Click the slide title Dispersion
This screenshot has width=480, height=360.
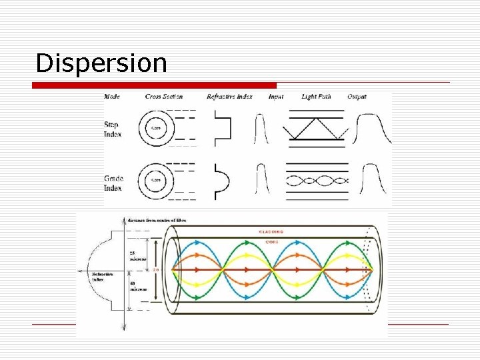pyautogui.click(x=101, y=63)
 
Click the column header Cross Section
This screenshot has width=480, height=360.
pyautogui.click(x=163, y=97)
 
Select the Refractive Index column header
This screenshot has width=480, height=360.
pyautogui.click(x=229, y=97)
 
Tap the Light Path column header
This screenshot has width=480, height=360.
pyautogui.click(x=316, y=97)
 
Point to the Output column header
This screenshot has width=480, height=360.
pyautogui.click(x=357, y=97)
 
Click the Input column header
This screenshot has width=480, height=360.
pyautogui.click(x=275, y=97)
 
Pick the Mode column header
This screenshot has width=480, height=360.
pyautogui.click(x=112, y=97)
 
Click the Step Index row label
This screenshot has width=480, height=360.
pyautogui.click(x=113, y=129)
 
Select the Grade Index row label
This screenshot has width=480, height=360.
pyautogui.click(x=113, y=183)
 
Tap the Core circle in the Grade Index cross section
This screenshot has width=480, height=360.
pyautogui.click(x=156, y=180)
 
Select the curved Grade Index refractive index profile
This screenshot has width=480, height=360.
pyautogui.click(x=222, y=180)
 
